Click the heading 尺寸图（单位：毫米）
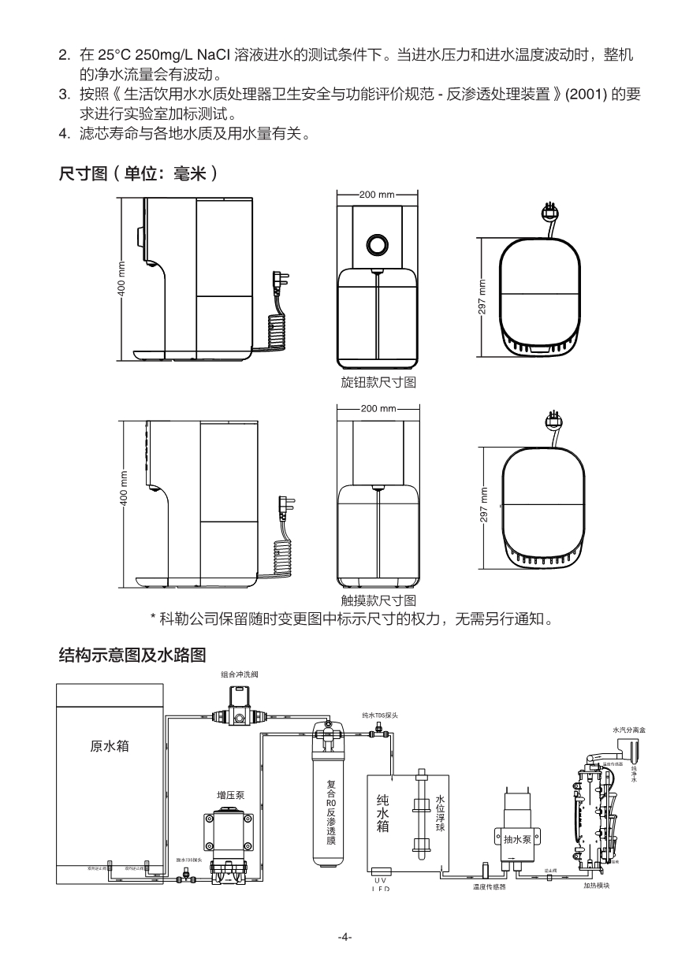(x=139, y=173)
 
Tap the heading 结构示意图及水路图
(x=132, y=655)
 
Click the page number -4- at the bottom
(x=344, y=937)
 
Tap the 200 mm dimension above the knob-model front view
(x=377, y=194)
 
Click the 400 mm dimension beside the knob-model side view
(x=122, y=277)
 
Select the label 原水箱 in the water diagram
(x=109, y=745)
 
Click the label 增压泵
(x=230, y=795)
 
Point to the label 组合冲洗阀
(x=240, y=675)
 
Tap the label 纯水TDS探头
(x=380, y=715)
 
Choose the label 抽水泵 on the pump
(x=516, y=839)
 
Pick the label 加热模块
(x=597, y=885)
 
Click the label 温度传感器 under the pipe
(x=490, y=886)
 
